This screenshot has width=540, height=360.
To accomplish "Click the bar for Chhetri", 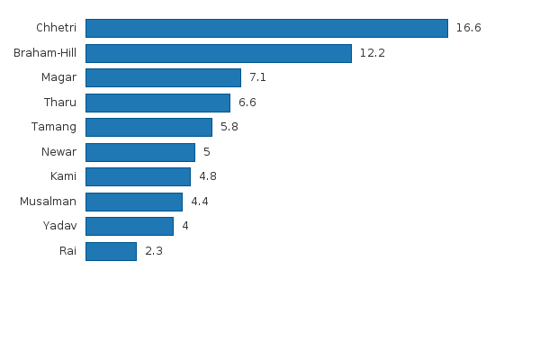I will [266, 28].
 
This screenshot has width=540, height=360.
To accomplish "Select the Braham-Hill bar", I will [218, 53].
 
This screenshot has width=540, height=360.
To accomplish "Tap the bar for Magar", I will [163, 77].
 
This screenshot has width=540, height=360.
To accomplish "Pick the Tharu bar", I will [157, 103].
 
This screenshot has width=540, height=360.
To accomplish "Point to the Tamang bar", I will [148, 127].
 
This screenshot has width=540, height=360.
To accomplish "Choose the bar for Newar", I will [139, 152].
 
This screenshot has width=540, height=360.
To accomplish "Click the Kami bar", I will [138, 176].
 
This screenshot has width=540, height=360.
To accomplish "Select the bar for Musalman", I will [133, 202].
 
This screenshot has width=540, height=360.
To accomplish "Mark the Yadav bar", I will [129, 226].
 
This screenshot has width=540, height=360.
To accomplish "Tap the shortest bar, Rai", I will [111, 251].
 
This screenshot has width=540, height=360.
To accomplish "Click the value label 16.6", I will [468, 28].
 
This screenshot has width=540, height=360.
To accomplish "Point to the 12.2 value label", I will [372, 53].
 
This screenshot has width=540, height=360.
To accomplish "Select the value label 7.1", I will [257, 77].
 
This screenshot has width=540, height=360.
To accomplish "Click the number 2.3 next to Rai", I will [153, 251].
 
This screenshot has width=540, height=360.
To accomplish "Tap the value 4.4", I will [199, 202].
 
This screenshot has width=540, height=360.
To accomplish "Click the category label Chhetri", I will [56, 28].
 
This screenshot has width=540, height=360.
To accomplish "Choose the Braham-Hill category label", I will [45, 53].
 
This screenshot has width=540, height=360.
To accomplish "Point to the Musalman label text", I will [48, 202].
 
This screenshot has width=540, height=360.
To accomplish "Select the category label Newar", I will [58, 152].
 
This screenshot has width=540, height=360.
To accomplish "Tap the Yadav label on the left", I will [59, 226].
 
